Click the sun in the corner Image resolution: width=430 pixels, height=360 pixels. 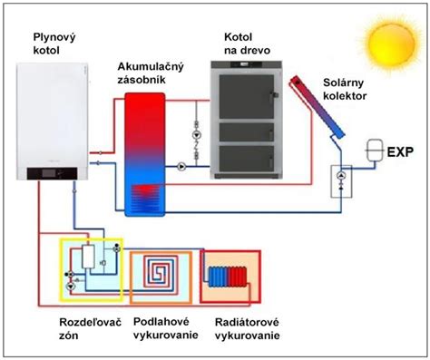tap(392, 44)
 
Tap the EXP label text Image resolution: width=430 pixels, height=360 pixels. tap(400, 151)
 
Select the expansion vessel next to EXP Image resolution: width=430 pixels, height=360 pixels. tap(375, 150)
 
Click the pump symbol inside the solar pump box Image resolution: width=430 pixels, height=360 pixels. tap(341, 176)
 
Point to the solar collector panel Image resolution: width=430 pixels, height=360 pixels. tap(318, 107)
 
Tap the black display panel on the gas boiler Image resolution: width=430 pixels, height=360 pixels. tap(52, 173)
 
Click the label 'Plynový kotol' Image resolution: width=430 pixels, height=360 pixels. tap(54, 44)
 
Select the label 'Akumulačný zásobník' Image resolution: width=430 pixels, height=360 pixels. tap(151, 73)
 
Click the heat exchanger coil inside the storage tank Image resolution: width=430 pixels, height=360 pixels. tap(145, 198)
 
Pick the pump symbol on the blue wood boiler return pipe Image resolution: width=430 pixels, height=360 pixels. tap(181, 167)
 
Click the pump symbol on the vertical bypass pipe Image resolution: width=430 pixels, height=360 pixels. tap(197, 135)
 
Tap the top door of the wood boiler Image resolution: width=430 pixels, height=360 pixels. tap(247, 97)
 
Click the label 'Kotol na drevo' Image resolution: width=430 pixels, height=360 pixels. tap(247, 44)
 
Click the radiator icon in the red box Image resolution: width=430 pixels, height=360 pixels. tap(228, 277)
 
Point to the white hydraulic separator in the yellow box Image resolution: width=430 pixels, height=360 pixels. tap(88, 257)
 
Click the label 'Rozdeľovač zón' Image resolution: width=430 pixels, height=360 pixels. tap(90, 328)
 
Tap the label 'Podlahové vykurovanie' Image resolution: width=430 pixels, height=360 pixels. tap(166, 328)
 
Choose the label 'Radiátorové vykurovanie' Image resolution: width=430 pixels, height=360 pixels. tap(247, 329)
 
